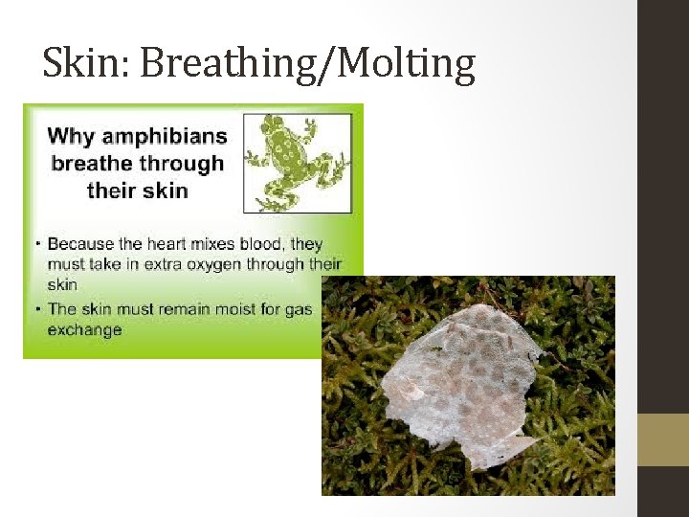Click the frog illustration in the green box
(x=298, y=163)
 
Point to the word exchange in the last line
(x=85, y=330)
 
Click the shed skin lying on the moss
(x=460, y=383)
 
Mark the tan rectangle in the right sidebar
(x=663, y=439)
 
